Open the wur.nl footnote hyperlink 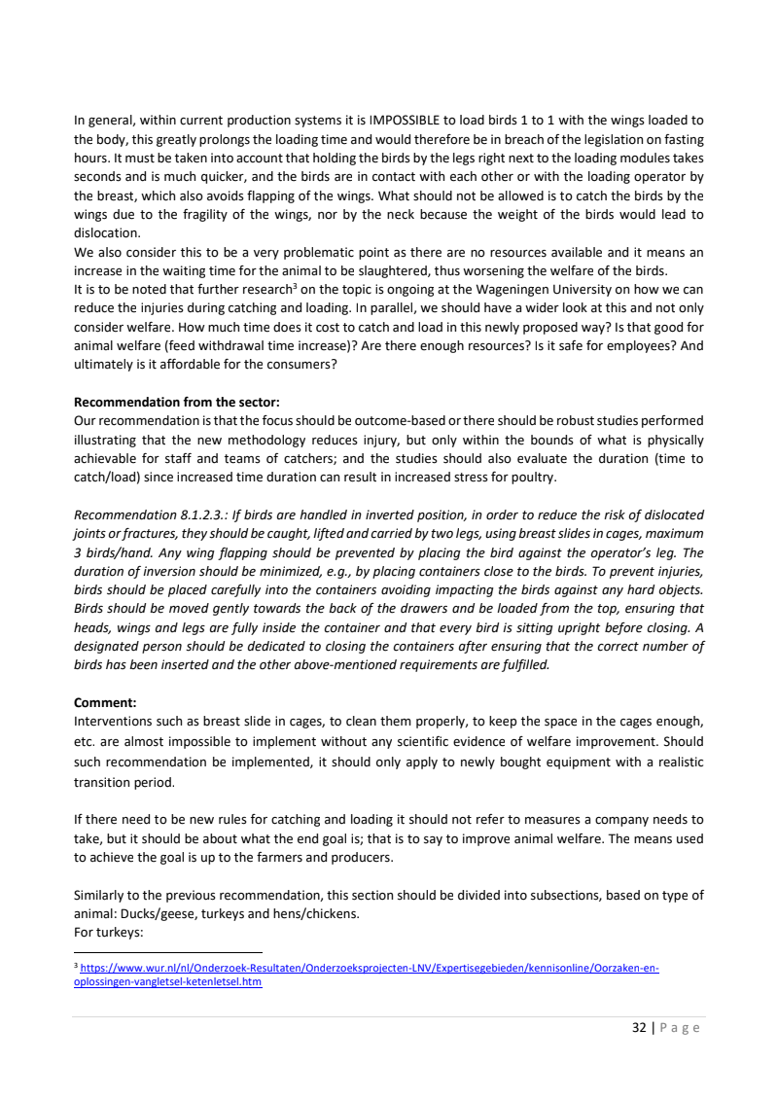click(x=370, y=969)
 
